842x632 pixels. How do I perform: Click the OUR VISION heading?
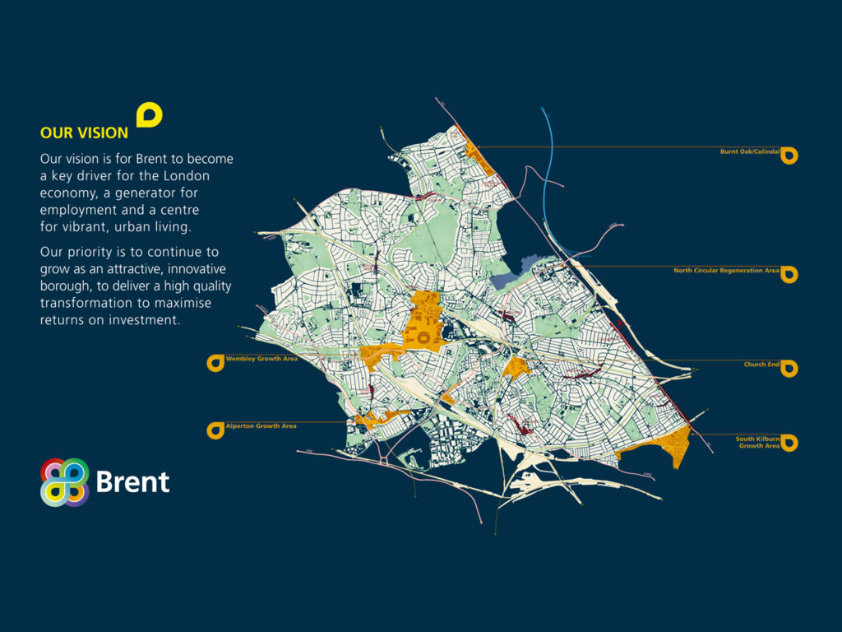84,132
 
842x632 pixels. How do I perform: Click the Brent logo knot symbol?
65,482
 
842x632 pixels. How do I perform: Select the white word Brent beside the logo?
132,482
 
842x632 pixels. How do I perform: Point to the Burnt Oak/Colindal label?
749,151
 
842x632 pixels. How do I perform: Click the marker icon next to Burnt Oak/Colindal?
789,155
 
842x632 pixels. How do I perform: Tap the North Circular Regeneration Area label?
726,270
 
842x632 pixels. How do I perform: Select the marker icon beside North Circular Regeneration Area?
789,274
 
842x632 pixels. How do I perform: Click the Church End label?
761,365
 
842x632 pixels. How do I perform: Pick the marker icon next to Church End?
789,368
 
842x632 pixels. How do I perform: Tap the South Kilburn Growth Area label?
757,443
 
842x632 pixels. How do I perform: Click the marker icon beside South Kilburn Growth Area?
789,443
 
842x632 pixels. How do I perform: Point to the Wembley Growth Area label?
261,360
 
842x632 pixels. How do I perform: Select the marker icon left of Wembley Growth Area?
215,362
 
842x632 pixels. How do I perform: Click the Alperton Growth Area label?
261,426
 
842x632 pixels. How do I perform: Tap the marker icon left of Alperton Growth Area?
215,430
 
